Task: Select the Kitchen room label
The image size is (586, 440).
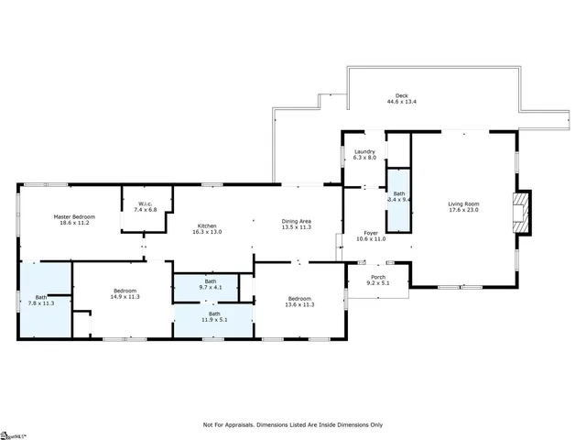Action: (x=206, y=226)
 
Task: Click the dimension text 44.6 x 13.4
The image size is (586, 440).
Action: (x=401, y=102)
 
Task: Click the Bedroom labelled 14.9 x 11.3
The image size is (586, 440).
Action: (x=123, y=293)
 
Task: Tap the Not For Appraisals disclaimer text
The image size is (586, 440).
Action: (x=293, y=424)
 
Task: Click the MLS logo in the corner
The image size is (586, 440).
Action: (x=13, y=434)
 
